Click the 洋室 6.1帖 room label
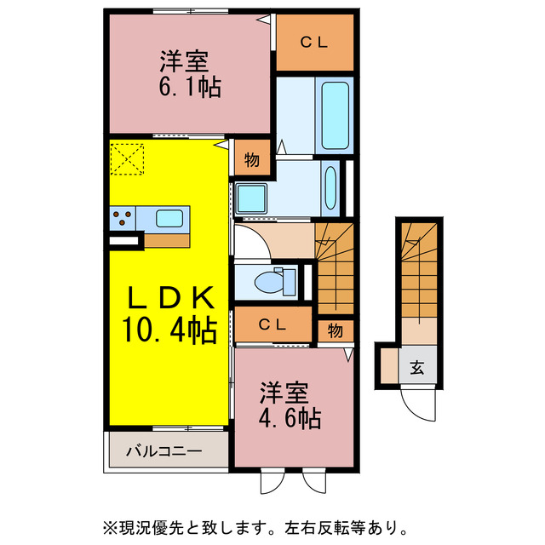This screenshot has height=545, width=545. [188, 75]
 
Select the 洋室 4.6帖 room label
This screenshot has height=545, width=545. [290, 406]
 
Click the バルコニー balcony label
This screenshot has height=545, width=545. [165, 450]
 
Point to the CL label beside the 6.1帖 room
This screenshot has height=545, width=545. [314, 42]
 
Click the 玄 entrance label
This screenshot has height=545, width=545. [418, 368]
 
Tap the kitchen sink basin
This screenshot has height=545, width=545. [169, 217]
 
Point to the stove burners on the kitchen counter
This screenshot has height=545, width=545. [122, 218]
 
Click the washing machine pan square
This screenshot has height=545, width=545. [253, 198]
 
